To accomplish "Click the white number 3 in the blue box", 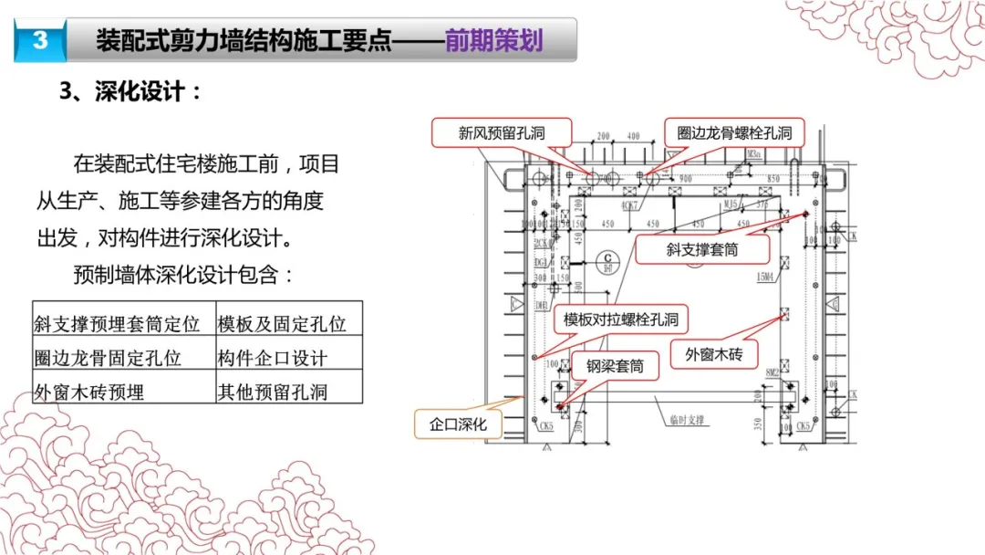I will tap(38, 41).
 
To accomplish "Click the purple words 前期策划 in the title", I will tap(493, 41).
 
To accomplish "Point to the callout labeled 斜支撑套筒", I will tap(701, 249).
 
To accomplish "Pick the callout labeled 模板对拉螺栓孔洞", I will tap(619, 319).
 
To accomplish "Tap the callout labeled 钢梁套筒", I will tap(615, 366).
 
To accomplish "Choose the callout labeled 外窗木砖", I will tap(714, 354).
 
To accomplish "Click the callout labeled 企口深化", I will tap(459, 424).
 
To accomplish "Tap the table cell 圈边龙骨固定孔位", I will tap(108, 358).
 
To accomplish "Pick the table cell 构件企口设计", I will tap(273, 358).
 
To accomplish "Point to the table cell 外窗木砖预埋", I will tap(88, 392).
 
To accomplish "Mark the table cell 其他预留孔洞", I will tap(273, 392).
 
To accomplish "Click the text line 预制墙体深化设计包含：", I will tap(184, 275).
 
